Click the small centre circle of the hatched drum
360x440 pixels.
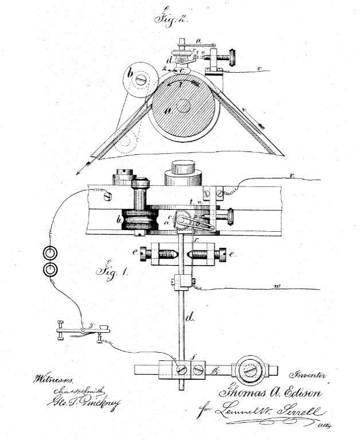(x=183, y=106)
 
